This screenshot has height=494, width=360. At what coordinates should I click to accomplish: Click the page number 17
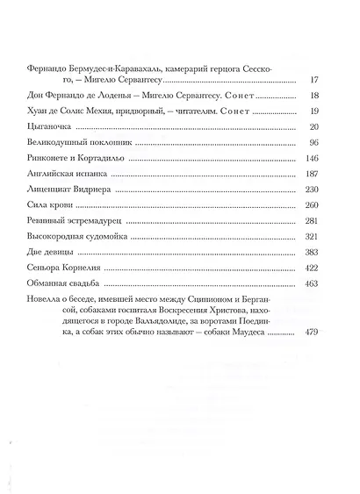[x=317, y=81]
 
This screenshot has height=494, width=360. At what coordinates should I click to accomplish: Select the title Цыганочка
[x=49, y=129]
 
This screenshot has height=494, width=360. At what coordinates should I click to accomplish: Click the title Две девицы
[x=50, y=259]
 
